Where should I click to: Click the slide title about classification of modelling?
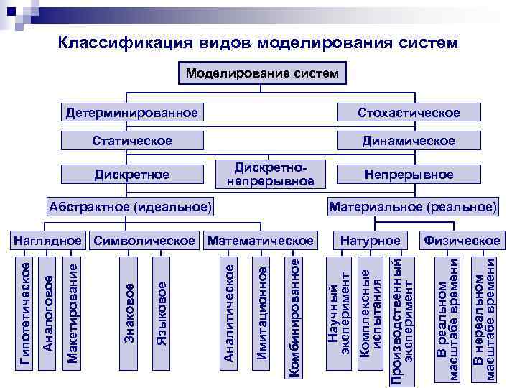point(257,42)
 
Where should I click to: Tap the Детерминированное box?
point(131,113)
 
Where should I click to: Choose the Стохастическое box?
point(409,113)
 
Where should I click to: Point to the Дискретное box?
point(131,175)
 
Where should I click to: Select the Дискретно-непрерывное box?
point(271,173)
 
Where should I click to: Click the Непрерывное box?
point(409,175)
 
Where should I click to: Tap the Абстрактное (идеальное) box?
point(130,208)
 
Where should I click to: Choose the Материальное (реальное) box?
point(412,208)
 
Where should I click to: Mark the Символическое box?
point(145,239)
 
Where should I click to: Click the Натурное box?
point(370,239)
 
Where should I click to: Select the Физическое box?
point(462,239)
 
